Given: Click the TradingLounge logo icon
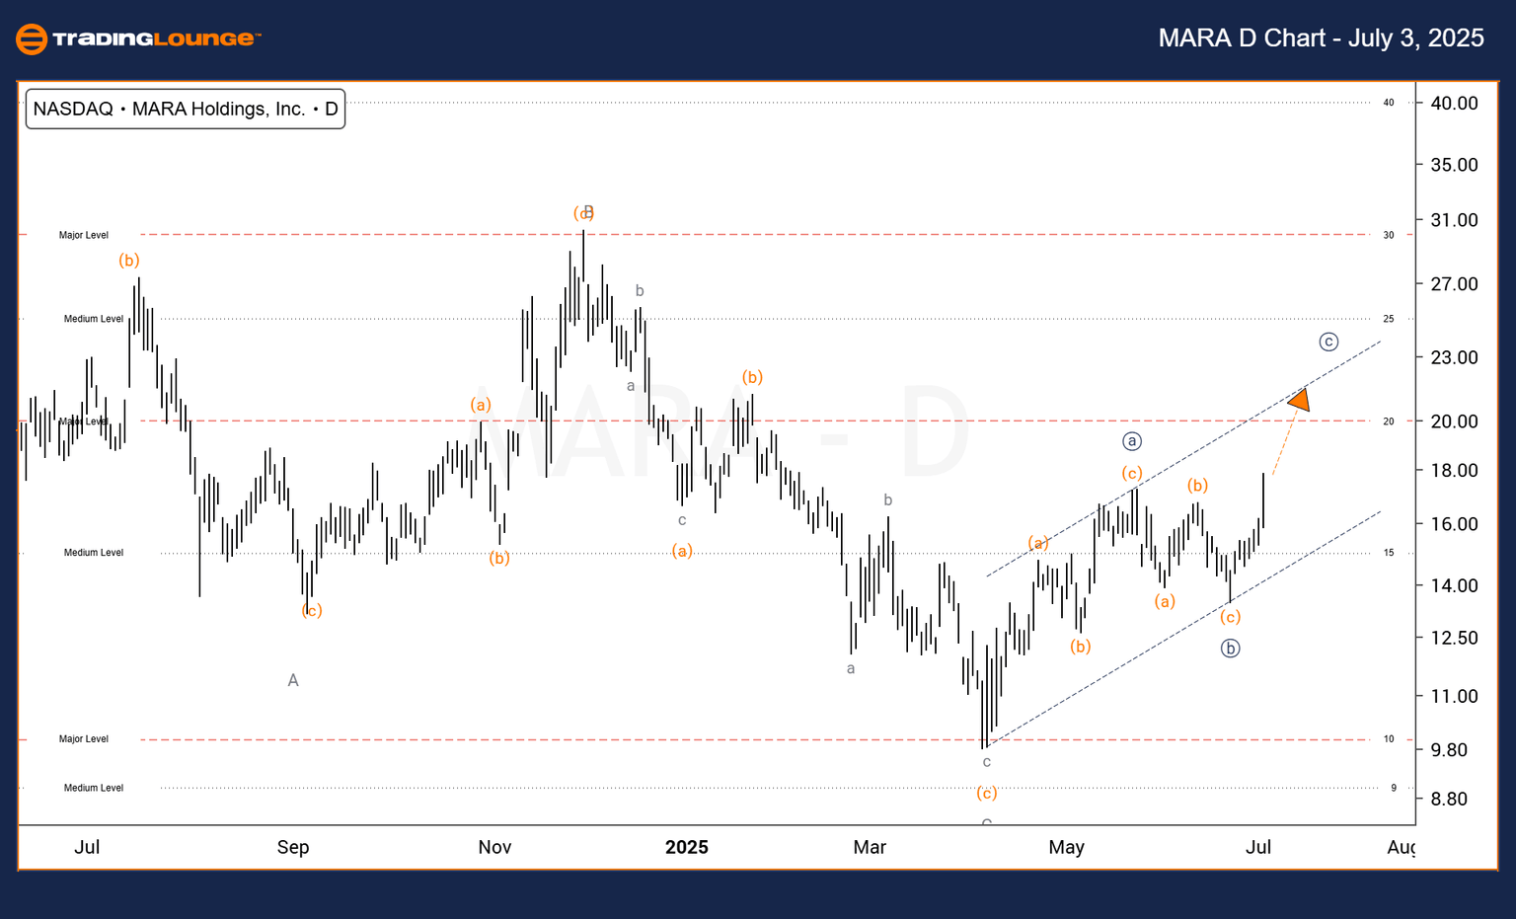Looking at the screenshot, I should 32,38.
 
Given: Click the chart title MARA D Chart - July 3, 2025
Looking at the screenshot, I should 1321,38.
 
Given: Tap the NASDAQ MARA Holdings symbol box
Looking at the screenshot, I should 186,109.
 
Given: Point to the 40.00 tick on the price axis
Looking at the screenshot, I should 1454,103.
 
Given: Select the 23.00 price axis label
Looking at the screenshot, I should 1454,357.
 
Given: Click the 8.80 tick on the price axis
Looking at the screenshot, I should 1454,799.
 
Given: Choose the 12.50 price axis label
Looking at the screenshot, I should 1454,638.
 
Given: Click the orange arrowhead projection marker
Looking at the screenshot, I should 1300,400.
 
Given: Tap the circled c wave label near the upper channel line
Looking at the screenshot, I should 1328,342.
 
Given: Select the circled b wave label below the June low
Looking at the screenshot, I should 1230,649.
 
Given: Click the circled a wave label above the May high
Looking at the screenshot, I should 1132,441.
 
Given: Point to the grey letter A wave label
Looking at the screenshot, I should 293,680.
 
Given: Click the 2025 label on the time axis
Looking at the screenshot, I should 686,847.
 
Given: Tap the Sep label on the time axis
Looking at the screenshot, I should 293,847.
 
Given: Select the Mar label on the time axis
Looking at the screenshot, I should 870,847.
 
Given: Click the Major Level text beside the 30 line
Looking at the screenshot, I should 84,235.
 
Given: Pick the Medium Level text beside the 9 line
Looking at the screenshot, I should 94,788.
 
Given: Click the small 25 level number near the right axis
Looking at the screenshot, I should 1389,319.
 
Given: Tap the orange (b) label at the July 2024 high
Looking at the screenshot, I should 129,260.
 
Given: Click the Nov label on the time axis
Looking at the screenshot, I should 494,847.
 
